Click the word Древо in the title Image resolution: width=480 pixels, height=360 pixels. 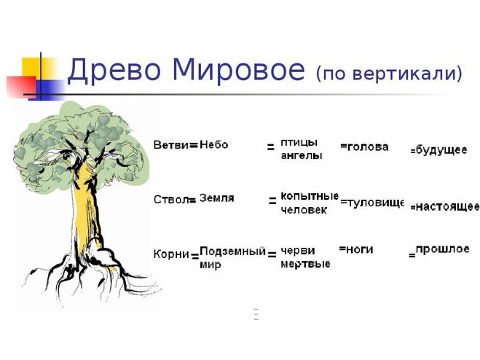114,71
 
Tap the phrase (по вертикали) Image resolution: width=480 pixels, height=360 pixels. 389,74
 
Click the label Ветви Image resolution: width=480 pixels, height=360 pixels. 171,144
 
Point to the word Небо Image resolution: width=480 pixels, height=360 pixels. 214,144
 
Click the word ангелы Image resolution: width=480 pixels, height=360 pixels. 302,155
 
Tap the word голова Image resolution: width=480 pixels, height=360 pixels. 368,147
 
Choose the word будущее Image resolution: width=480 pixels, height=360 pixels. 441,150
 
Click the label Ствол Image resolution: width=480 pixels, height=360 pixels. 171,200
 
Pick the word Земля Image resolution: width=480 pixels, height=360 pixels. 217,198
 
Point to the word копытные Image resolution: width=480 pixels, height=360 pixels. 310,196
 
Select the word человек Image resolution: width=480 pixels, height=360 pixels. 304,210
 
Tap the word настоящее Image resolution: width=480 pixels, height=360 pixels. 448,206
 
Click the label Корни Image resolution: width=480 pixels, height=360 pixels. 171,254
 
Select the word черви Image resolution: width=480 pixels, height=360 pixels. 298,251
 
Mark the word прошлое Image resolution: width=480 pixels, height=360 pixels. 442,249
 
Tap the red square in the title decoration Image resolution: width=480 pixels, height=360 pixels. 21,87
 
